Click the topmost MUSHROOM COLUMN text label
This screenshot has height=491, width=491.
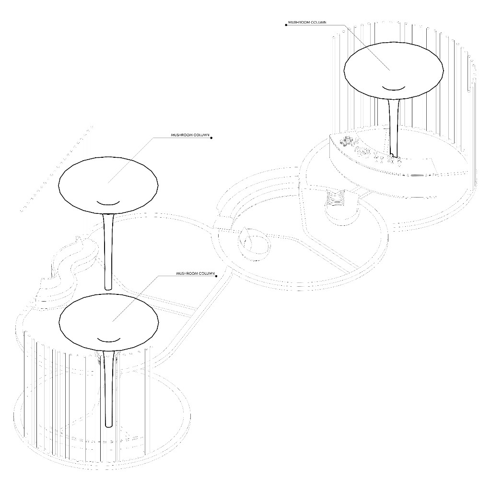pyautogui.click(x=307, y=23)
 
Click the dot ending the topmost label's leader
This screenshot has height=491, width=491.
pyautogui.click(x=286, y=25)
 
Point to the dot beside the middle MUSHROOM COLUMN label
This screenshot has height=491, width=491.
pyautogui.click(x=211, y=138)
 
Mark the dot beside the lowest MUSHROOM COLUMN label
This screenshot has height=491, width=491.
pyautogui.click(x=217, y=276)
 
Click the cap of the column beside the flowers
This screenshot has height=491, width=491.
pyautogui.click(x=394, y=69)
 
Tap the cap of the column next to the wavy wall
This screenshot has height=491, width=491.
pyautogui.click(x=108, y=186)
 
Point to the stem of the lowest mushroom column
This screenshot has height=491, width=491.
pyautogui.click(x=109, y=389)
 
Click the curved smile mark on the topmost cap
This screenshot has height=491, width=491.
pyautogui.click(x=394, y=88)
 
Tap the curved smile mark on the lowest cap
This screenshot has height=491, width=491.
pyautogui.click(x=109, y=340)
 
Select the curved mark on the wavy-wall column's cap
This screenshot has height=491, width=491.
pyautogui.click(x=108, y=203)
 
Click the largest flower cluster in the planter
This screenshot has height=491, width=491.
pyautogui.click(x=347, y=141)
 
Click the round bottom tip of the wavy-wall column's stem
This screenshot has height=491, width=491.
pyautogui.click(x=108, y=288)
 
